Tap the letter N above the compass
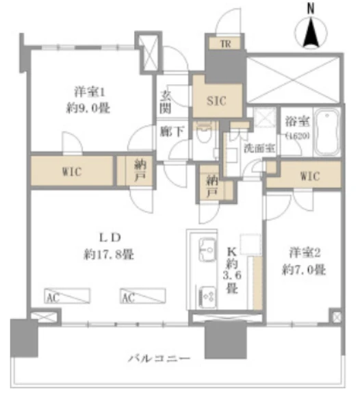(x=310, y=9)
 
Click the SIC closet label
(x=217, y=100)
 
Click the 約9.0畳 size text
(x=88, y=108)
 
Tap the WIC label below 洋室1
(x=71, y=171)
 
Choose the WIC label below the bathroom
(x=310, y=175)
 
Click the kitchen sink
(x=205, y=248)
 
